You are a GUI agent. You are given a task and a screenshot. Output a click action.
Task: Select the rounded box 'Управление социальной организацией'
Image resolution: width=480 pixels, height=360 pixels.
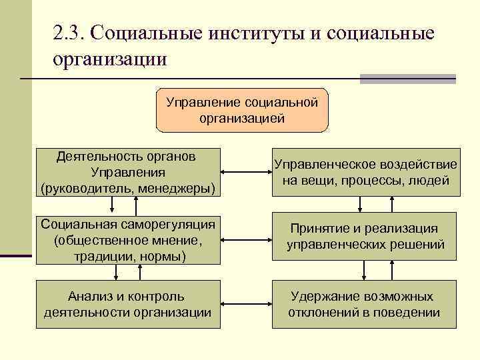tap(241, 110)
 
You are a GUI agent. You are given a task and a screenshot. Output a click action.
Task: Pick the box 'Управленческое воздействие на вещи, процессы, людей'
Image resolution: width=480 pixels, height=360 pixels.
tap(365, 173)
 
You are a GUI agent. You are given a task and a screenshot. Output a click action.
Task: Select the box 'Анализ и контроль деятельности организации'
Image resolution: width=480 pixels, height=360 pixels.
tap(126, 304)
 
